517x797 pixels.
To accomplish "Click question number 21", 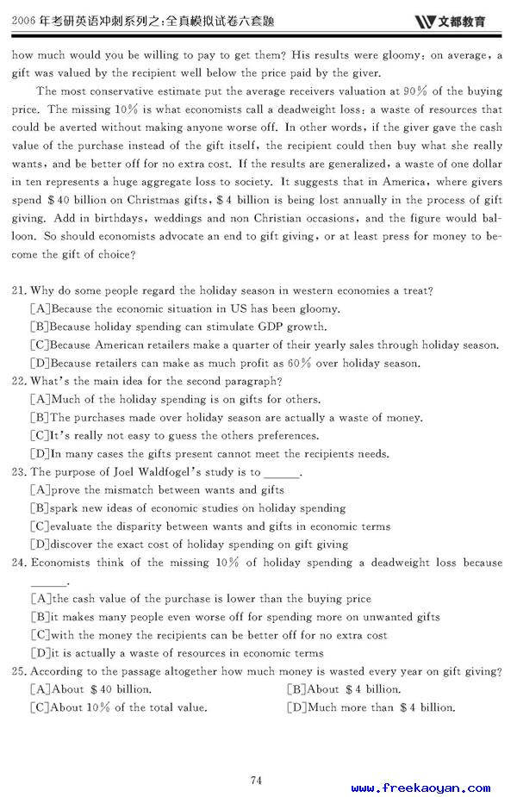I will coord(19,291).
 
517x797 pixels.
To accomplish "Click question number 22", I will coord(19,382).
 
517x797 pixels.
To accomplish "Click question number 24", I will coord(19,564).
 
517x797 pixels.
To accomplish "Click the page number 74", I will coord(256,757).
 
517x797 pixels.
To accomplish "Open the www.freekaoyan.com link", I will coord(421,788).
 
